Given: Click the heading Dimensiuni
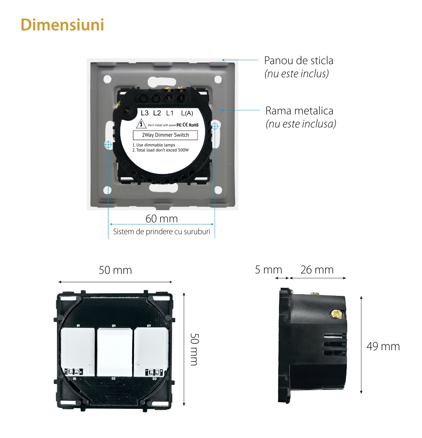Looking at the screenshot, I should tap(62, 25).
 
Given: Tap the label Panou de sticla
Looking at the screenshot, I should tap(298, 60).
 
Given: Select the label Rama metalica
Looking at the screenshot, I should tap(299, 111).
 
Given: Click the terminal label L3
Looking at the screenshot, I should tap(145, 113).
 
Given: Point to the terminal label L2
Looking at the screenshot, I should tap(157, 113).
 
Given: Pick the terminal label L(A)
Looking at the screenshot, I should tap(187, 113).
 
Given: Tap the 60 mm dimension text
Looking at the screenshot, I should tap(162, 219).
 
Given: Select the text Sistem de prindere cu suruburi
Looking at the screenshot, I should tap(162, 232).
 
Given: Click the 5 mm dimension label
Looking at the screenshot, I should tap(268, 270).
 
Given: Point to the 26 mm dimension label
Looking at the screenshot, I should tap(317, 270).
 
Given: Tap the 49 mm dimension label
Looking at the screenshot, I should tap(383, 346).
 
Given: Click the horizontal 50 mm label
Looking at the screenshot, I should tap(115, 270).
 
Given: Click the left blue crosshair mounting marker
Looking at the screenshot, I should tap(108, 144).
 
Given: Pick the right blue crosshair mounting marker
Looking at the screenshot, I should tap(215, 125).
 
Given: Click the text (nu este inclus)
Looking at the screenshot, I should tap(296, 74).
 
